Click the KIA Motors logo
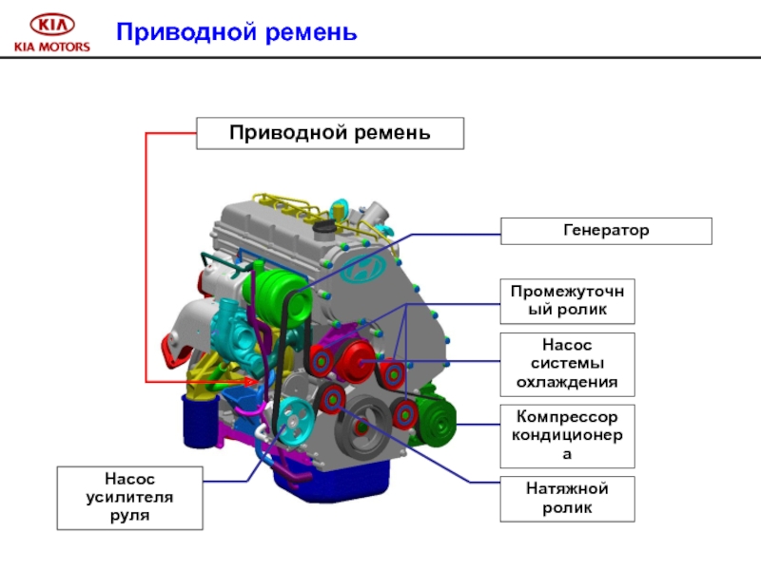(51, 31)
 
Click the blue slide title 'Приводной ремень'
(236, 33)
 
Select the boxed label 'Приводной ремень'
(329, 133)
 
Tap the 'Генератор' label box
(606, 231)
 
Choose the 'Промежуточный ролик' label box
(568, 300)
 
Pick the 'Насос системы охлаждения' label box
(568, 364)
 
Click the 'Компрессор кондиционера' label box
(568, 435)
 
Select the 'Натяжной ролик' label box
(568, 498)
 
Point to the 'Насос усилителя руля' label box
(129, 497)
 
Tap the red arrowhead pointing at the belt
(252, 382)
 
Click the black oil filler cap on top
(326, 227)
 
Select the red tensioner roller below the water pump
(333, 399)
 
